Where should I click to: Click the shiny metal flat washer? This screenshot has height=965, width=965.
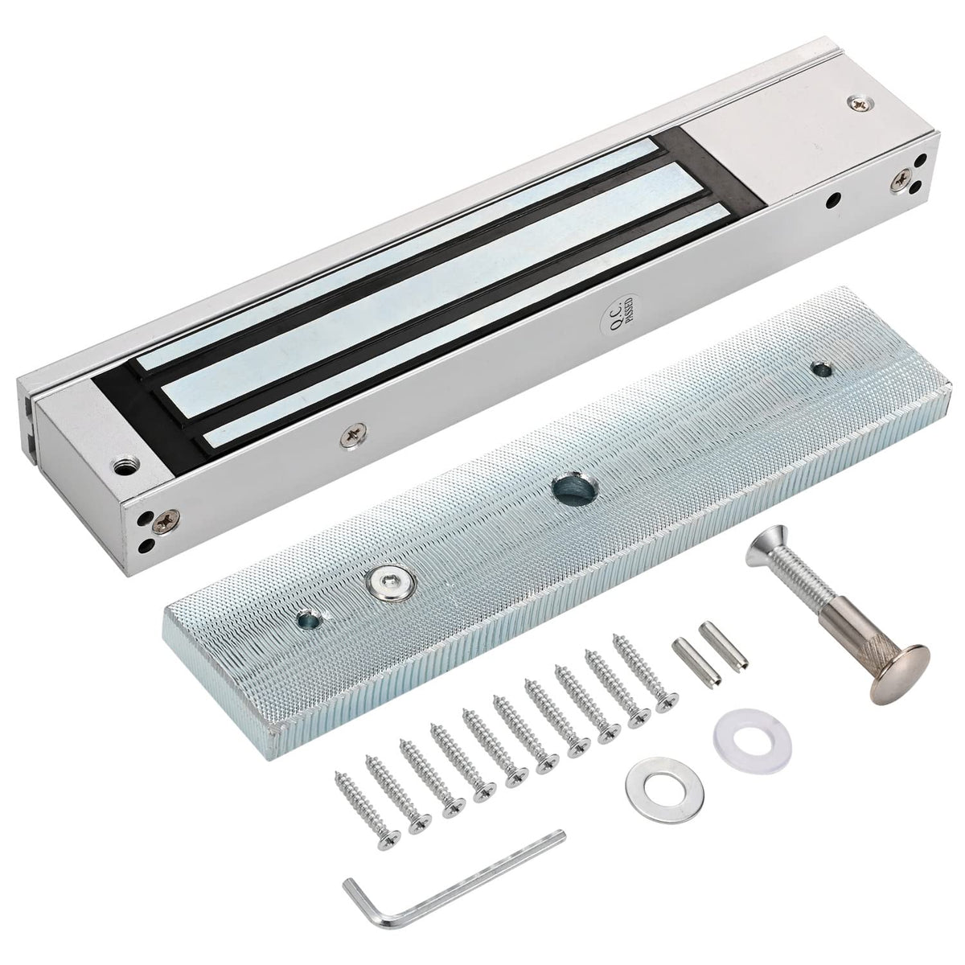(x=664, y=792)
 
